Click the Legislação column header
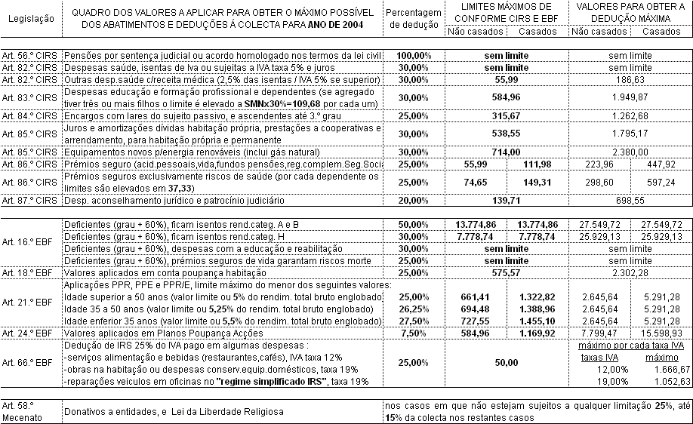coord(31,18)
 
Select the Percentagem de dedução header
coord(412,18)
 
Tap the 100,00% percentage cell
coord(413,56)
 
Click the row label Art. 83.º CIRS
coord(31,97)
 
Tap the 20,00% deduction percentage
coord(413,201)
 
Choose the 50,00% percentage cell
coord(413,225)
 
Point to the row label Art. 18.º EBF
coord(31,272)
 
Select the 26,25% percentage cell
coord(413,310)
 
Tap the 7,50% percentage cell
coord(413,333)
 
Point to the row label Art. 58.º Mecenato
coord(31,410)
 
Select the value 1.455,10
coord(538,321)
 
